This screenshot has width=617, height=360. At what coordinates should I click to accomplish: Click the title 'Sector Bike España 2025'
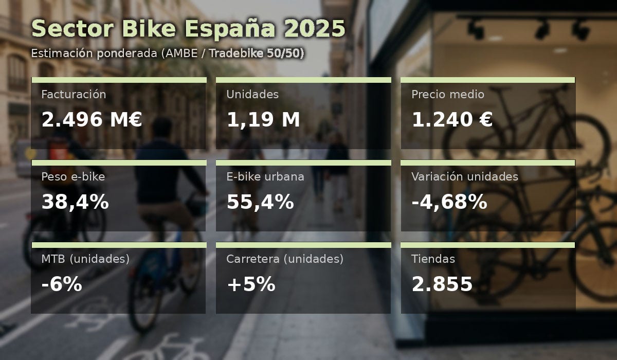(188, 28)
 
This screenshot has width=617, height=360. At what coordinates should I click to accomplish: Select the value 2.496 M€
(92, 119)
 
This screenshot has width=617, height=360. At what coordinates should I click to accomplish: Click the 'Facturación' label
(74, 95)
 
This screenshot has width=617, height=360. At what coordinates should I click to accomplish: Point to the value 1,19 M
(263, 119)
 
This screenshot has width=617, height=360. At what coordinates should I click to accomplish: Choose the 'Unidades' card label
(252, 95)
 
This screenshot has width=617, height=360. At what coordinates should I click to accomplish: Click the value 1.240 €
(452, 119)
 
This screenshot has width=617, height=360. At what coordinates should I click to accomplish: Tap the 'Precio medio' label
(448, 95)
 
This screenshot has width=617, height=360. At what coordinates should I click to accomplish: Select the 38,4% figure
(75, 202)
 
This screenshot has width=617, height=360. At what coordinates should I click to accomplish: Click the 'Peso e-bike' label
(73, 177)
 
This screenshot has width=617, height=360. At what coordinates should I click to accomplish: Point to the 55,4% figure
(260, 202)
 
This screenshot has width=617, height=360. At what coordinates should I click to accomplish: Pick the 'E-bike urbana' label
(265, 177)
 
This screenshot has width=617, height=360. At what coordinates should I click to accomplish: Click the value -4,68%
(449, 202)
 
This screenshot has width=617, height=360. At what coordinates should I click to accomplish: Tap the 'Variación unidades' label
(465, 177)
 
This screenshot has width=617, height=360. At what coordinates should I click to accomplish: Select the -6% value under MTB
(62, 284)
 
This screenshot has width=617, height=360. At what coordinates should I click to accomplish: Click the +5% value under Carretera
(251, 284)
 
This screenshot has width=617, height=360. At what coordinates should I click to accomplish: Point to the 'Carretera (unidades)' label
(285, 259)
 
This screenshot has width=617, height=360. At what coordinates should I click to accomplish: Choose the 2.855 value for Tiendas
(442, 284)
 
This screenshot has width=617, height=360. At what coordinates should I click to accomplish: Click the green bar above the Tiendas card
(488, 245)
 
